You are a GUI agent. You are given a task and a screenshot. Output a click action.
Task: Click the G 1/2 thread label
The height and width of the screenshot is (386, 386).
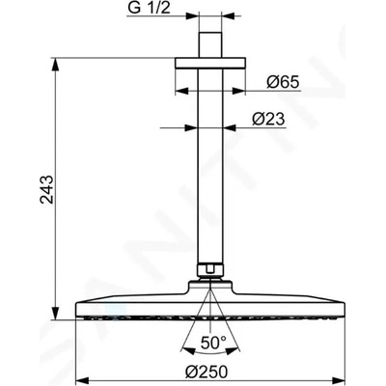[149, 9]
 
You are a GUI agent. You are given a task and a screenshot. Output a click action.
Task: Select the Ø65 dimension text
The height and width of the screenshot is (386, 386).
[283, 83]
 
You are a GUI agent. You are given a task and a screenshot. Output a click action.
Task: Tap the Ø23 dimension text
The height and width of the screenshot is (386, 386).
[268, 120]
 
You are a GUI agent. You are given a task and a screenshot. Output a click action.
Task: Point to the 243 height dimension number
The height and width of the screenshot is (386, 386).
[47, 189]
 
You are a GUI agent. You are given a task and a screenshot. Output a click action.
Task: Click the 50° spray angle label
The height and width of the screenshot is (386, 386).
[213, 343]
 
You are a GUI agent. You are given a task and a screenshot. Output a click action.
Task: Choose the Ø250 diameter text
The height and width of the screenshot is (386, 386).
[207, 372]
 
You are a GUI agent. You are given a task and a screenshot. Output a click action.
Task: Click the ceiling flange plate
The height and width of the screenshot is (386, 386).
[210, 63]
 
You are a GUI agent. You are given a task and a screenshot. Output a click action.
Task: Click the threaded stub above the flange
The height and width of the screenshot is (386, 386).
[210, 44]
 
